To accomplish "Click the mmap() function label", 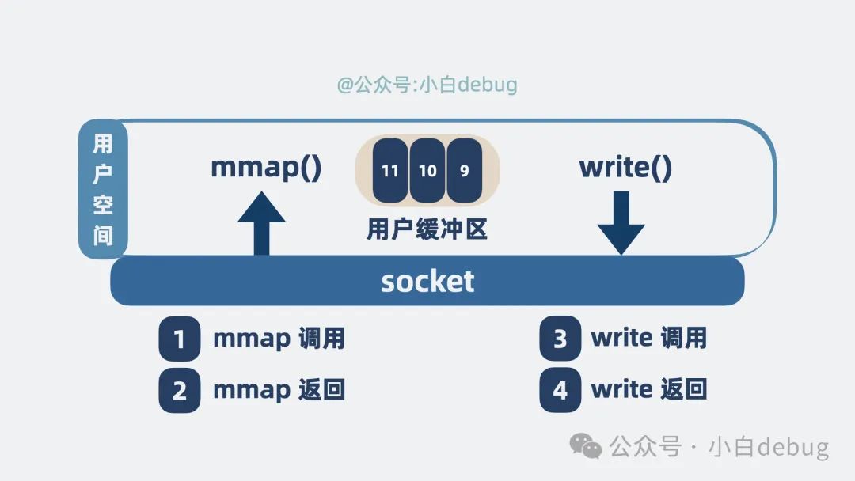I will pyautogui.click(x=266, y=168).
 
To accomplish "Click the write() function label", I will pyautogui.click(x=625, y=168).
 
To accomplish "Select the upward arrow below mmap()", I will pyautogui.click(x=260, y=225).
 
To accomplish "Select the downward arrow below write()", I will pyautogui.click(x=621, y=225).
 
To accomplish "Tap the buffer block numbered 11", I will pyautogui.click(x=389, y=170).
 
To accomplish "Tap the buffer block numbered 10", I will pyautogui.click(x=427, y=170).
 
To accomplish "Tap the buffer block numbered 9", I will pyautogui.click(x=464, y=170).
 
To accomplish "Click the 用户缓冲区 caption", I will pyautogui.click(x=427, y=229).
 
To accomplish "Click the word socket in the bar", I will pyautogui.click(x=427, y=282).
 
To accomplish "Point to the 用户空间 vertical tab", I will pyautogui.click(x=103, y=190).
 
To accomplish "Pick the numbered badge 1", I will pyautogui.click(x=179, y=339).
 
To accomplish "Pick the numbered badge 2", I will pyautogui.click(x=179, y=390).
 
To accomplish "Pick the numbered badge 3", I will pyautogui.click(x=560, y=339).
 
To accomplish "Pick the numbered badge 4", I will pyautogui.click(x=560, y=390).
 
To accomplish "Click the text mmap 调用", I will pyautogui.click(x=279, y=339).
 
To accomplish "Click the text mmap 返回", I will pyautogui.click(x=279, y=390).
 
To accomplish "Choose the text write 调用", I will pyautogui.click(x=648, y=339).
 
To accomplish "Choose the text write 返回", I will pyautogui.click(x=648, y=390).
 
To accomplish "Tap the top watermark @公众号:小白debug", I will pyautogui.click(x=427, y=85).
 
